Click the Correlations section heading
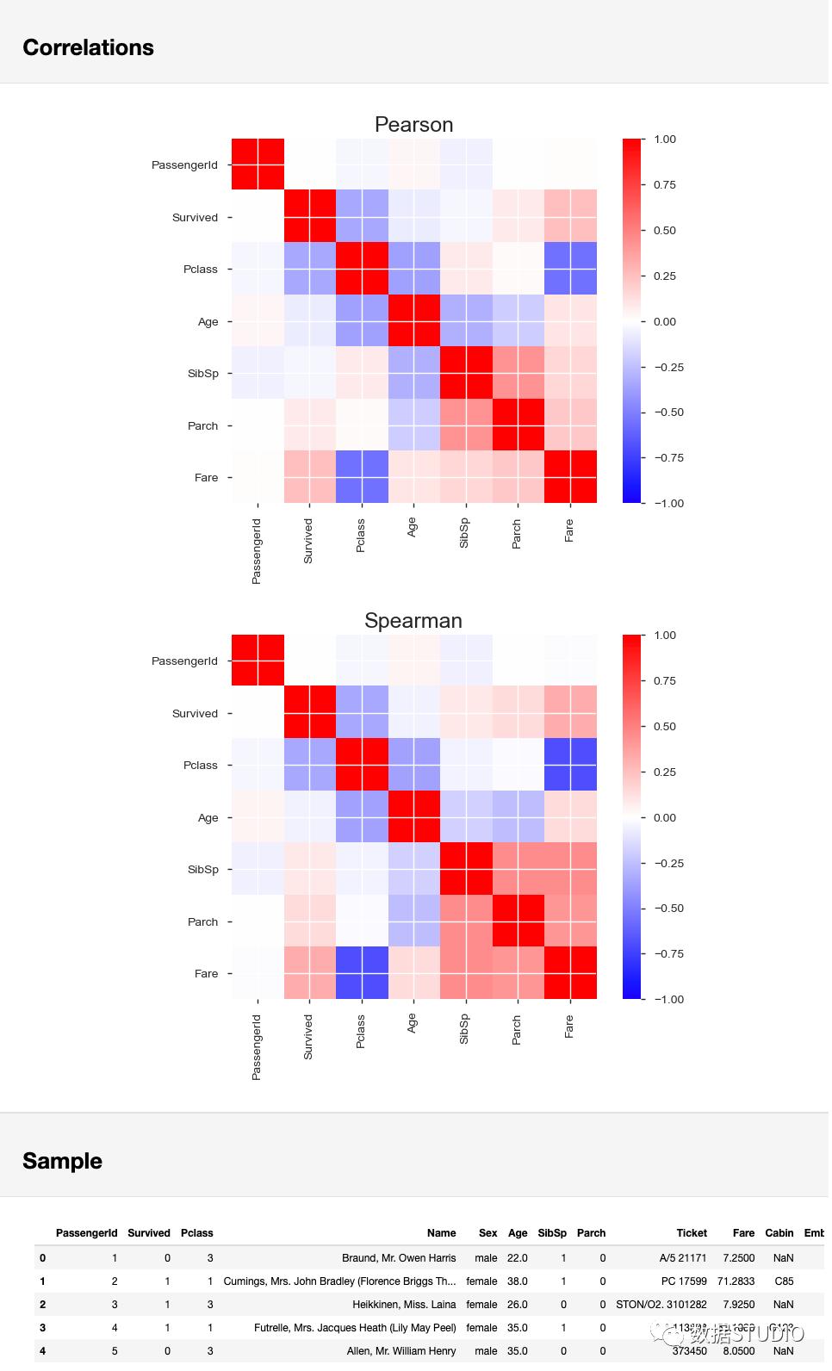click(x=88, y=47)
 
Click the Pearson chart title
click(x=413, y=125)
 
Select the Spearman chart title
click(x=413, y=621)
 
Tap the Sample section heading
click(x=62, y=1161)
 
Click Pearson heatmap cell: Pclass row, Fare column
click(x=570, y=269)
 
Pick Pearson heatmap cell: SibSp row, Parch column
click(x=518, y=373)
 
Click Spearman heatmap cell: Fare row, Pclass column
click(x=362, y=973)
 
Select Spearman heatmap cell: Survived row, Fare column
click(x=570, y=712)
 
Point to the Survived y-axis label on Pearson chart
click(x=195, y=218)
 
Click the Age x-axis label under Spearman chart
click(x=412, y=1023)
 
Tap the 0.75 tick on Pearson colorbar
click(x=665, y=184)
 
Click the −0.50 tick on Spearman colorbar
click(x=668, y=909)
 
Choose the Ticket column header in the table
click(x=692, y=1233)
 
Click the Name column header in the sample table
click(x=441, y=1233)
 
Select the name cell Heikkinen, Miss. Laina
click(x=404, y=1305)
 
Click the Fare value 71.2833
click(x=736, y=1281)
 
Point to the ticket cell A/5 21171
click(x=683, y=1258)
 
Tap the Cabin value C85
click(x=784, y=1281)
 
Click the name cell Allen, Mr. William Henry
click(x=401, y=1351)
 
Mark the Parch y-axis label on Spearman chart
click(x=203, y=922)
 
